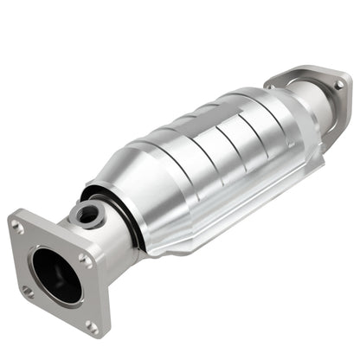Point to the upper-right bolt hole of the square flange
click(x=84, y=257)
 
